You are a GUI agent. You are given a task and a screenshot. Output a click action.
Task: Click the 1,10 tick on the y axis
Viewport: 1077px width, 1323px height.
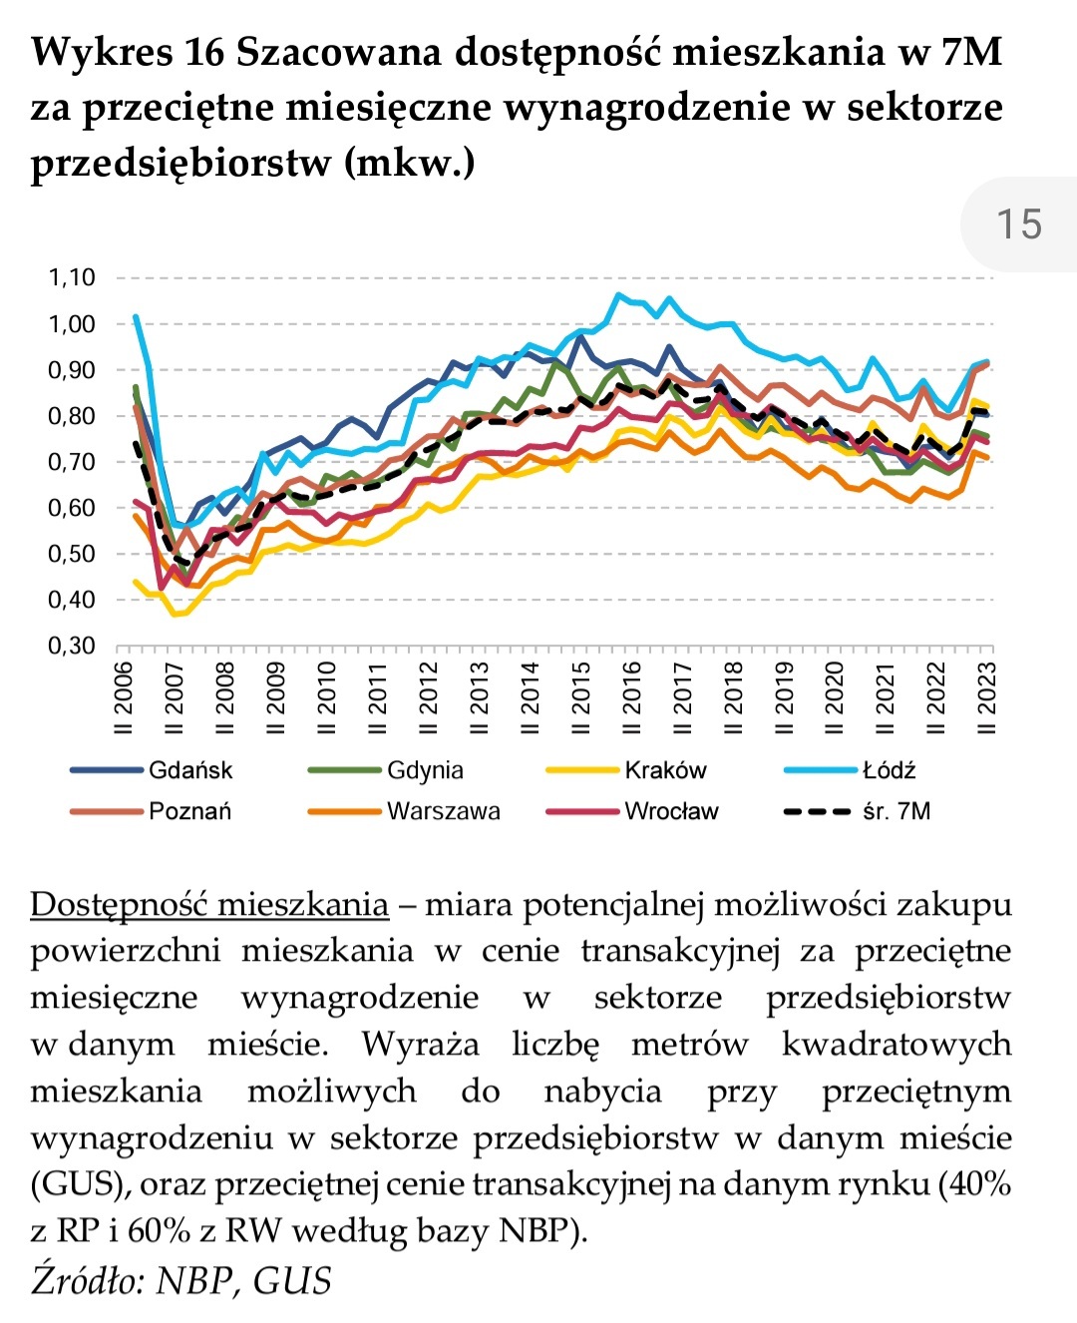72,277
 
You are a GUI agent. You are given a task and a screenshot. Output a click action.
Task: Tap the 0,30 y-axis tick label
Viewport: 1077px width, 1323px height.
72,646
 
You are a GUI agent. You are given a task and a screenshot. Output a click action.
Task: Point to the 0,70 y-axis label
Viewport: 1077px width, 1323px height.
72,462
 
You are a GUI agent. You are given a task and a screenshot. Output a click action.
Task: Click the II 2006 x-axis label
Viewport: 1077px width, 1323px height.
125,697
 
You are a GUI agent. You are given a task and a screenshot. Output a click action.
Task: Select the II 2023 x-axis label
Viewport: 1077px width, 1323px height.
987,697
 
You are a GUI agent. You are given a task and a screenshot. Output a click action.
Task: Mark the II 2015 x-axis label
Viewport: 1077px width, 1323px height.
581,697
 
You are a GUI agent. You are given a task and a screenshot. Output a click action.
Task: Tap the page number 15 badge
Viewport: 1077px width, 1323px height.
1019,223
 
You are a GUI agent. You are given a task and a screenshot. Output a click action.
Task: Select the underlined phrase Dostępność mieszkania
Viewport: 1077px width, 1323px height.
209,904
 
